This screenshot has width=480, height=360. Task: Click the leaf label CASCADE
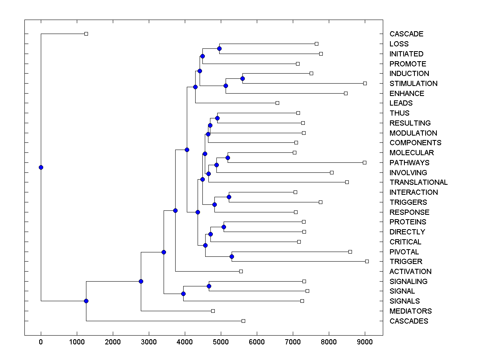(x=406, y=34)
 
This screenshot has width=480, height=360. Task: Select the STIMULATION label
(x=413, y=84)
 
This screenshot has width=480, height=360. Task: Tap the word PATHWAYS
(x=409, y=163)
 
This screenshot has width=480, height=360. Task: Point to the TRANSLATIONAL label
(x=418, y=182)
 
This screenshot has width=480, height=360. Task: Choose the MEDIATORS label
(x=410, y=311)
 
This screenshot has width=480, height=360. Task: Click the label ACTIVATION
(x=410, y=272)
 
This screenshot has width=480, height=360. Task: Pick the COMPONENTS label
(x=415, y=143)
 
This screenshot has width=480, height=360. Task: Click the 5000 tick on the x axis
(x=221, y=342)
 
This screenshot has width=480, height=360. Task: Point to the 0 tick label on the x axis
(x=41, y=342)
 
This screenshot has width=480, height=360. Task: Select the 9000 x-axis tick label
(x=365, y=342)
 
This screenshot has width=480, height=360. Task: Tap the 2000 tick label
(x=113, y=342)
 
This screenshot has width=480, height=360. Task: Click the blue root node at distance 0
(x=41, y=167)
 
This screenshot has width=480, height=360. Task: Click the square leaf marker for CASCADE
(x=86, y=34)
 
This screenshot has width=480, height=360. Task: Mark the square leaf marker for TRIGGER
(x=367, y=261)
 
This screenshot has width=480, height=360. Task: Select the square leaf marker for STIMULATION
(x=365, y=83)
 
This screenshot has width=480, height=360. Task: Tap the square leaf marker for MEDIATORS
(x=213, y=311)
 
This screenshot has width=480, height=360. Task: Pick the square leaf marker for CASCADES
(x=243, y=321)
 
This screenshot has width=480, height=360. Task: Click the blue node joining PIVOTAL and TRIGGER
(x=232, y=256)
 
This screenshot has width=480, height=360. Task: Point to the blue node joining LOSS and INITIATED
(x=219, y=48)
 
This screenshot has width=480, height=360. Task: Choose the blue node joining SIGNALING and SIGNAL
(x=209, y=286)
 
